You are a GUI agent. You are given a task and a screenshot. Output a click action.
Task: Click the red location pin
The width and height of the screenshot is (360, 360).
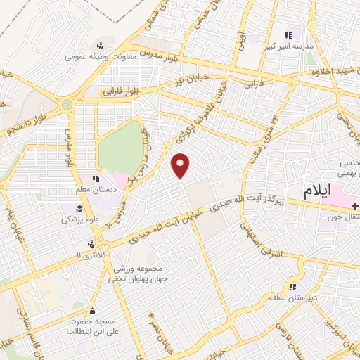click(x=181, y=165)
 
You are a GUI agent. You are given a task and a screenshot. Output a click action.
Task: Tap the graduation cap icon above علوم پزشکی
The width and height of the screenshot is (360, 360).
click(x=82, y=209)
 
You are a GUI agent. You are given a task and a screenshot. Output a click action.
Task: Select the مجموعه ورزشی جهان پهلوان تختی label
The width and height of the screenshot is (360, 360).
click(x=135, y=274)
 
